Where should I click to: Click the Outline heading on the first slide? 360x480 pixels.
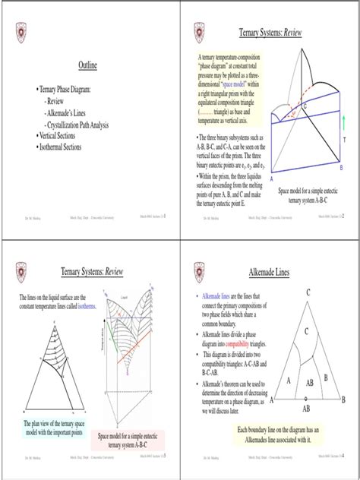click(89, 68)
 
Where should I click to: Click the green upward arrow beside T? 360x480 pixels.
click(343, 121)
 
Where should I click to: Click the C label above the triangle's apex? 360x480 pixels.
click(308, 292)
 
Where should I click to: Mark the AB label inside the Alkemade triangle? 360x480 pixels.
click(310, 384)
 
